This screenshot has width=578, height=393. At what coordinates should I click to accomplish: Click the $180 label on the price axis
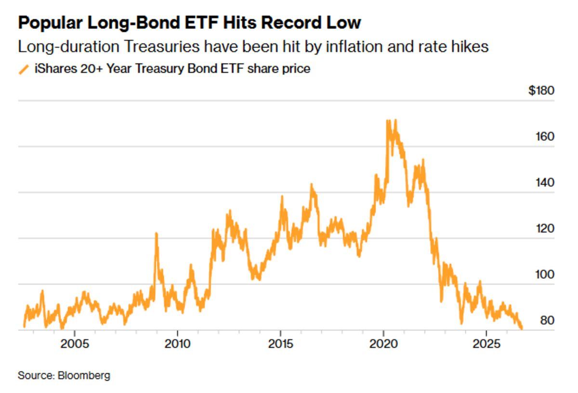[541, 91]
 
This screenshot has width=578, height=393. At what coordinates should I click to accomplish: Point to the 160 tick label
[545, 136]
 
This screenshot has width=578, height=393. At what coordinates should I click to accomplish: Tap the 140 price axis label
[545, 183]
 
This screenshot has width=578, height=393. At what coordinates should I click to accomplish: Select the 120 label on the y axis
[545, 229]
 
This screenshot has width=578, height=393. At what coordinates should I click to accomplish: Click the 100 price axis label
[545, 275]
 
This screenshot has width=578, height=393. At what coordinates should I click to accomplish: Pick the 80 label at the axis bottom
[547, 320]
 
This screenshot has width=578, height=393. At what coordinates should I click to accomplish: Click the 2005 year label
[75, 344]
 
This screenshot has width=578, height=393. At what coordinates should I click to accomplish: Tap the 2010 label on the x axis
[178, 344]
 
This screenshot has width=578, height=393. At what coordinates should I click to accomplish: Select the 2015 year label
[280, 344]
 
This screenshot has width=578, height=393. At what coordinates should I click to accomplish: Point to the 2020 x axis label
[383, 344]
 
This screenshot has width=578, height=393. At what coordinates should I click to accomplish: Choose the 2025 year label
[486, 344]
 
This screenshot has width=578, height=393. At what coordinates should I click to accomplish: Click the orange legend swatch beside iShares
[24, 70]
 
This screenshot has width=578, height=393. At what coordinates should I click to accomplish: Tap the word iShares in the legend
[56, 69]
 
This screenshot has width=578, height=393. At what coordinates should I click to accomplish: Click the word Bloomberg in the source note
[84, 376]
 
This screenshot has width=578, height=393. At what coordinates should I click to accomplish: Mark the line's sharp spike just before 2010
[156, 234]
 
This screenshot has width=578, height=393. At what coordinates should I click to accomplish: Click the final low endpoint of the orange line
[522, 328]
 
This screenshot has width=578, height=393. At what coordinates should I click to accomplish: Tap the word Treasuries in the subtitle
[162, 47]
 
